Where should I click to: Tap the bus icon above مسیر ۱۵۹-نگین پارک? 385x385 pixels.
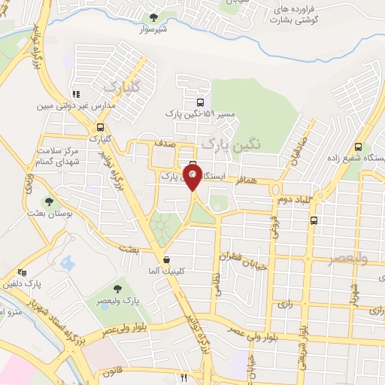[x=199, y=103]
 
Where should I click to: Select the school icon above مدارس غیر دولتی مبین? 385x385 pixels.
[x=75, y=95]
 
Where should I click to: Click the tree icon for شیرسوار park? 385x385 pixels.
[x=154, y=17]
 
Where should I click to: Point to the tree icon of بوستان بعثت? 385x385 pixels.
[x=48, y=202]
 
